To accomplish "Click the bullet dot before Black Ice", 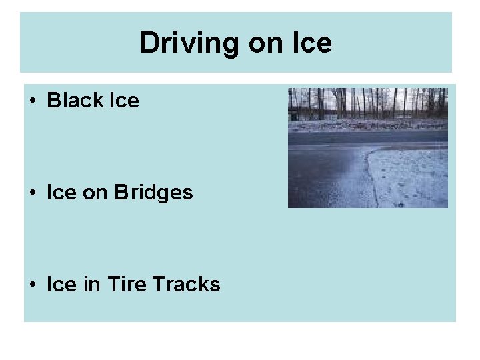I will pyautogui.click(x=33, y=101).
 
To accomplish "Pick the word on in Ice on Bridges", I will pyautogui.click(x=93, y=193).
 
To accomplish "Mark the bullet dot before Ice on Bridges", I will pyautogui.click(x=33, y=193).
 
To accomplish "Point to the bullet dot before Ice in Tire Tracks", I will pyautogui.click(x=33, y=285).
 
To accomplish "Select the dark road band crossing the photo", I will pyautogui.click(x=367, y=137).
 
